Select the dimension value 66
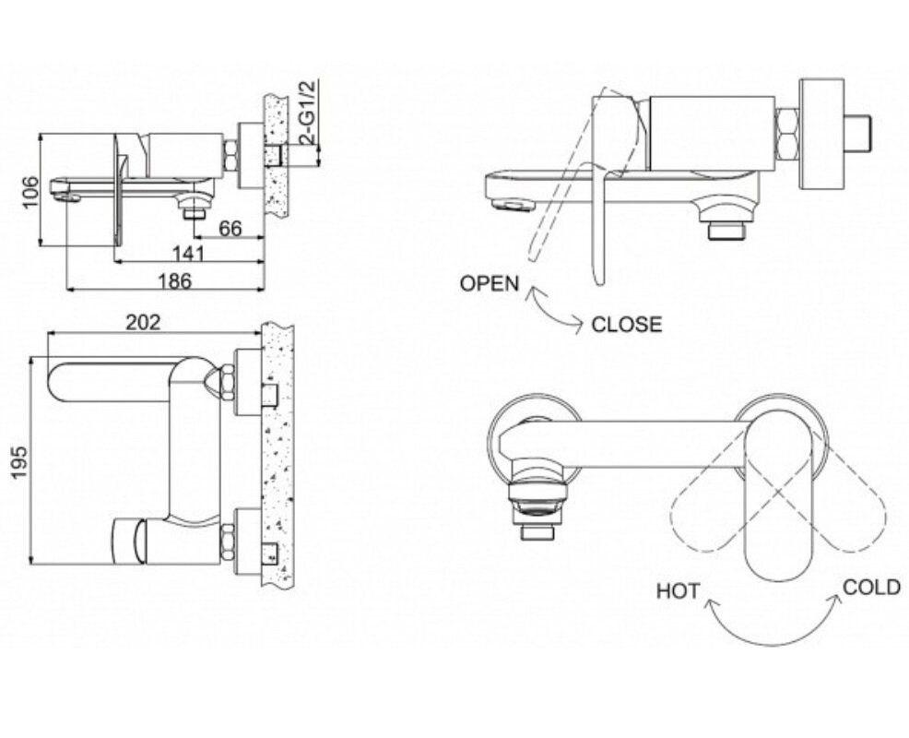tap(230, 228)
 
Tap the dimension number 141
tap(189, 254)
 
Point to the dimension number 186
tap(174, 280)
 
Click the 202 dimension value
tap(143, 322)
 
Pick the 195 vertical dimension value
tap(20, 462)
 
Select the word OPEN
tap(490, 284)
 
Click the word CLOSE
tap(627, 325)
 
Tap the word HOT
tap(679, 591)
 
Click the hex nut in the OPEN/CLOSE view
tap(787, 135)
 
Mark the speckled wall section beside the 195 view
tap(277, 453)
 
